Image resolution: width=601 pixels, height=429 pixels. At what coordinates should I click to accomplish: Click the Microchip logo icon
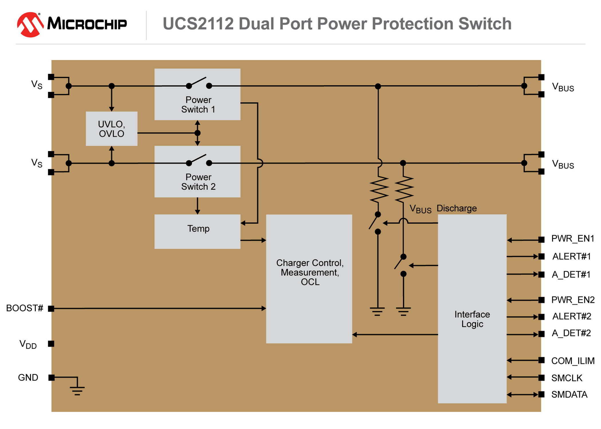tap(30, 25)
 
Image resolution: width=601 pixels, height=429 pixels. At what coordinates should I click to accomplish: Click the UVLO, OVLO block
tap(112, 129)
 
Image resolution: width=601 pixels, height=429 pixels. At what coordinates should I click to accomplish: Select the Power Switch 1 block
tap(197, 94)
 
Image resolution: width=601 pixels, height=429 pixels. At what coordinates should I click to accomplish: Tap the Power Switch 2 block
tap(197, 172)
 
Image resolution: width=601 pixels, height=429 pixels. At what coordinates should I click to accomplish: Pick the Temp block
tap(197, 232)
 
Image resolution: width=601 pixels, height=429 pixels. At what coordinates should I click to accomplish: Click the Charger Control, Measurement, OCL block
tap(309, 279)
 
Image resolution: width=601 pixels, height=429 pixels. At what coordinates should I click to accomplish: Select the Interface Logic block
tap(472, 309)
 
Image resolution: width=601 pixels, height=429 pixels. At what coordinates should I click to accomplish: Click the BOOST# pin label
tap(25, 308)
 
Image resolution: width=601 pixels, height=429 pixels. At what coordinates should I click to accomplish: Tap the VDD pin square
tap(51, 344)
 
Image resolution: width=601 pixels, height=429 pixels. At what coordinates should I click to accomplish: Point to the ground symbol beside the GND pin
tap(77, 390)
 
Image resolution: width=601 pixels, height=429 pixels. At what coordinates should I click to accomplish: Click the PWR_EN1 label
tap(573, 239)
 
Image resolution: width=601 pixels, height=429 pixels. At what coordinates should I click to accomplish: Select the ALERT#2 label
tap(572, 316)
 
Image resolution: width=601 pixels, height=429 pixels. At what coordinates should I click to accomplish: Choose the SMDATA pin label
tap(569, 395)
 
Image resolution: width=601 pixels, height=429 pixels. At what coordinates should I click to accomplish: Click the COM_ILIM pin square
tap(541, 360)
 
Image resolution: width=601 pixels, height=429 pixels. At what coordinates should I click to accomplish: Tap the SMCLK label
tap(567, 378)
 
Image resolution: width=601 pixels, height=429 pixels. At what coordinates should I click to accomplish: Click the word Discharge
tap(457, 208)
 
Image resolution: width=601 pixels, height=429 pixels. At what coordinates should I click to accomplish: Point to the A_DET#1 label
tap(571, 275)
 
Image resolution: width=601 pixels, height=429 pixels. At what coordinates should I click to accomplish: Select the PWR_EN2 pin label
tap(573, 300)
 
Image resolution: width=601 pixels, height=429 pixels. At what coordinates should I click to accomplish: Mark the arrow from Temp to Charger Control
tap(253, 240)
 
